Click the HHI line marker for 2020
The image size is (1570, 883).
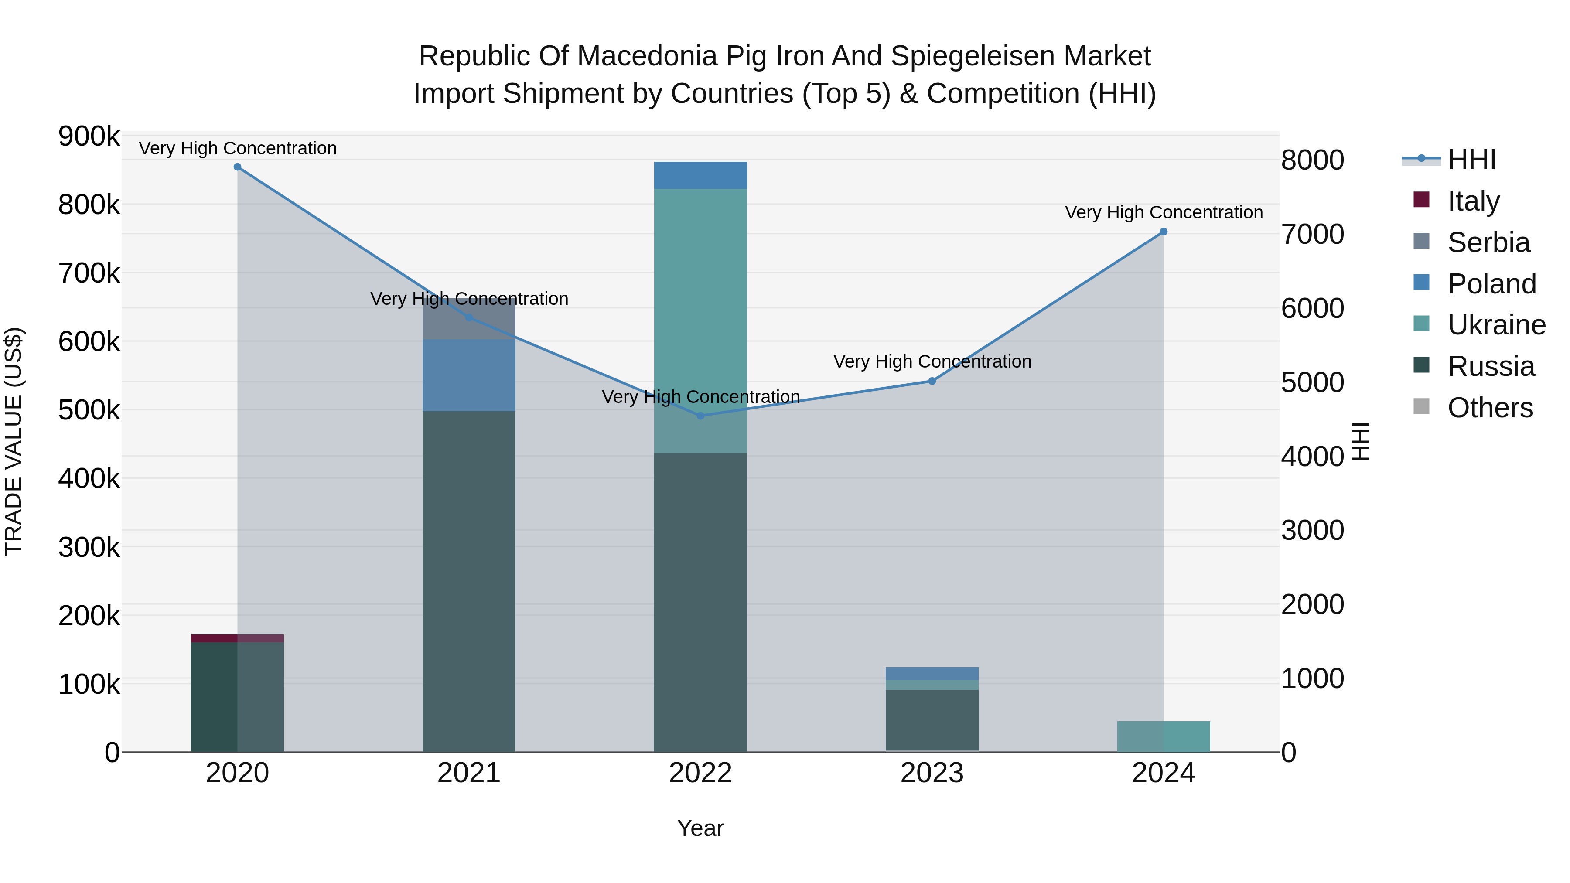click(x=238, y=167)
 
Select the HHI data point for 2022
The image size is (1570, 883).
click(x=700, y=416)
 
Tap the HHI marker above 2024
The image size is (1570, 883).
click(x=1164, y=232)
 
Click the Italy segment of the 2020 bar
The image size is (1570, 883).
click(x=237, y=638)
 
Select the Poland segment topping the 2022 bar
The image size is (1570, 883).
click(x=700, y=175)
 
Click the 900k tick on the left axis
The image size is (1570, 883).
click(x=89, y=136)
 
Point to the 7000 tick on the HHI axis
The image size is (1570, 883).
click(x=1312, y=234)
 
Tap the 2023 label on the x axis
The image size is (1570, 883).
click(x=932, y=773)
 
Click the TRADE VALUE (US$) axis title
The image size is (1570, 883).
click(x=14, y=441)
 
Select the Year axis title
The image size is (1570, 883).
click(x=700, y=828)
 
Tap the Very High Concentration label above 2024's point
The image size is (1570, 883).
click(x=1164, y=213)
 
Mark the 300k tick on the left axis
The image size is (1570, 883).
click(x=89, y=547)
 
